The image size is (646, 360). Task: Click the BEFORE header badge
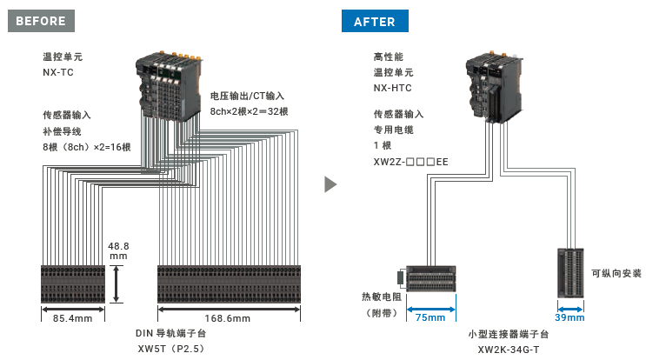(42, 21)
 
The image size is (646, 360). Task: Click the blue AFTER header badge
(374, 21)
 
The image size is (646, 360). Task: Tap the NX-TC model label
(58, 73)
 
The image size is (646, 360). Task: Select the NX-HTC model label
(392, 88)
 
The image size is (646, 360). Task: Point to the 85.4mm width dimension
(72, 318)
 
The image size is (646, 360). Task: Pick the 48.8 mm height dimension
(118, 251)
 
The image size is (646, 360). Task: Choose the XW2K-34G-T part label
(508, 349)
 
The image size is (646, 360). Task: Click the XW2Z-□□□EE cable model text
(410, 162)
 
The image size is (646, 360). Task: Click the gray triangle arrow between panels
(330, 184)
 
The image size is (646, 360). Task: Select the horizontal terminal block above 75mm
(431, 279)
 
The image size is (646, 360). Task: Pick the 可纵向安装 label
(616, 273)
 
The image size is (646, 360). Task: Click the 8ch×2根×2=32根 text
(250, 111)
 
